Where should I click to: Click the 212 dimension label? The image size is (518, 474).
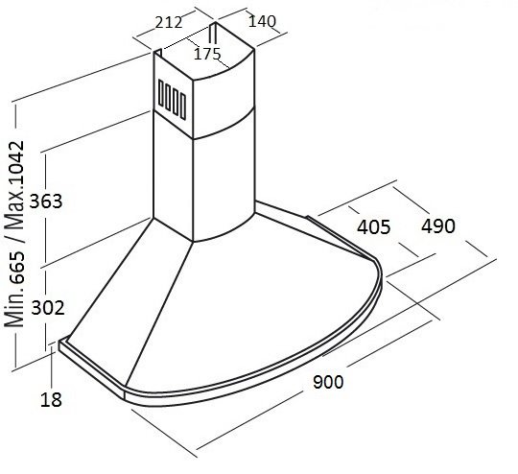(x=169, y=22)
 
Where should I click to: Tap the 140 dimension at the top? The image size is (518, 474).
(x=262, y=21)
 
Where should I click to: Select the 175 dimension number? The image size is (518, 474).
(x=207, y=54)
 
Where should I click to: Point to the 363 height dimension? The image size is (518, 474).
(x=46, y=201)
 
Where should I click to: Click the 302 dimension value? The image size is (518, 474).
(x=48, y=308)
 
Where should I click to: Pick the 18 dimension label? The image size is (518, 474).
(x=51, y=399)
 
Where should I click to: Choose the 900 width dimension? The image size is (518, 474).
(x=328, y=382)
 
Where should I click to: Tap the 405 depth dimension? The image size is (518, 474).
(x=374, y=226)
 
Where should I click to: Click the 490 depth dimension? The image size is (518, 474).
(x=438, y=226)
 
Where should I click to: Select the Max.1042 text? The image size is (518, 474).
(x=14, y=185)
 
